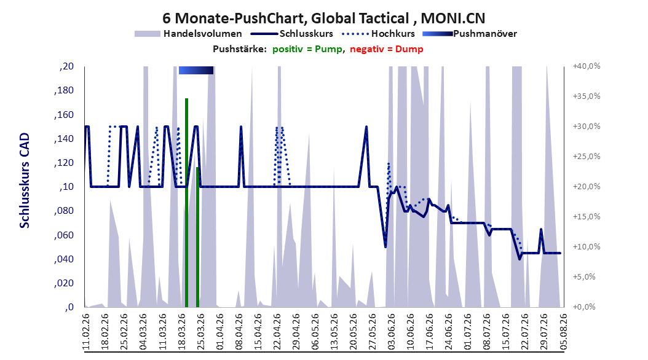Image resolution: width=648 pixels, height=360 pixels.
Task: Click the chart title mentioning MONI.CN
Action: click(x=323, y=18)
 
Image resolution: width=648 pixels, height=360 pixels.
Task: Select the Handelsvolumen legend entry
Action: click(x=189, y=34)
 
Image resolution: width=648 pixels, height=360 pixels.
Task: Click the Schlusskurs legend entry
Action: click(x=291, y=34)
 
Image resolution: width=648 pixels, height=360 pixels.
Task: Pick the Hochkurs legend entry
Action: click(x=378, y=34)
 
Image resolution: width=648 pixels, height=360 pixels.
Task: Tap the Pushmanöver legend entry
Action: click(x=470, y=34)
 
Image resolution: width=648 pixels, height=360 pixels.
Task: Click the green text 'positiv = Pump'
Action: click(x=307, y=49)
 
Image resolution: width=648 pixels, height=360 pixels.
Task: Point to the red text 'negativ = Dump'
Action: click(x=387, y=49)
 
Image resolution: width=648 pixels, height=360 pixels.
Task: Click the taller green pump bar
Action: click(x=186, y=203)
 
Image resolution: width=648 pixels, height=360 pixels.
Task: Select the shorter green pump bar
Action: click(x=197, y=237)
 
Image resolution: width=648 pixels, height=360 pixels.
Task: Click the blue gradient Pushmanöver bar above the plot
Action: click(x=196, y=70)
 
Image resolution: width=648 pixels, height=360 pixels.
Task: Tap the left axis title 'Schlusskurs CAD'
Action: click(x=25, y=181)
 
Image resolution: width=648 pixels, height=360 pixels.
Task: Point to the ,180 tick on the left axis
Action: click(x=64, y=90)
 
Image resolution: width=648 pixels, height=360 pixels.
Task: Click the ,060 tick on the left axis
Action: click(x=64, y=235)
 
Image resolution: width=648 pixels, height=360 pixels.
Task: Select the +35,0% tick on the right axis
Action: click(x=587, y=96)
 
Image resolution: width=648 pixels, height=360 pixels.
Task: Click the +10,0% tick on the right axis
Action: click(x=587, y=247)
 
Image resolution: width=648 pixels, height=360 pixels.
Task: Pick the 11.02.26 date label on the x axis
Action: click(x=86, y=332)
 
